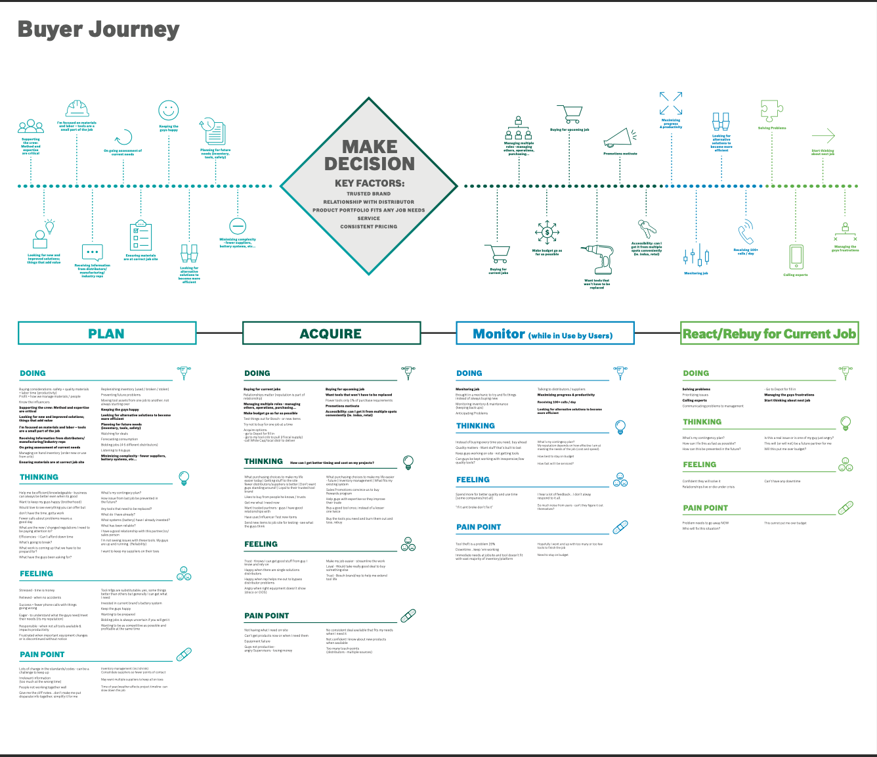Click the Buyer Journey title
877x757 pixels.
tap(98, 30)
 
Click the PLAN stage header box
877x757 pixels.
tap(107, 333)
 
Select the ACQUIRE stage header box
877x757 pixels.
tap(331, 333)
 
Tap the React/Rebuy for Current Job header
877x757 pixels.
tap(769, 334)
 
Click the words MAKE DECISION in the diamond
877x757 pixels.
tap(369, 155)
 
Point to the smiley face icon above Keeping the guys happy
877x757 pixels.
tap(169, 110)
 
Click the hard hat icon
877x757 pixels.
tap(77, 109)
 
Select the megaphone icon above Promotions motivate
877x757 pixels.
tap(620, 137)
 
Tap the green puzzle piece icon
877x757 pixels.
tap(771, 111)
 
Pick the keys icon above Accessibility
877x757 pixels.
tap(647, 229)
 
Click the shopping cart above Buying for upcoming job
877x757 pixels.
tap(569, 114)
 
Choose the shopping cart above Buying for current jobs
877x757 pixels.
tap(498, 254)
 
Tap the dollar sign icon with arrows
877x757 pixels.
tap(547, 233)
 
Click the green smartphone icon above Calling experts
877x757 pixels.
tap(796, 257)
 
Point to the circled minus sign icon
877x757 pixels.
tap(238, 226)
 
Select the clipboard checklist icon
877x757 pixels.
tap(141, 237)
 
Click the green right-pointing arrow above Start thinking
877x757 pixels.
tap(823, 136)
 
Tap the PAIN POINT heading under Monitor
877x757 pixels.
tap(479, 527)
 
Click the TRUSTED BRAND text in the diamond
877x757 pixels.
tap(368, 194)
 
